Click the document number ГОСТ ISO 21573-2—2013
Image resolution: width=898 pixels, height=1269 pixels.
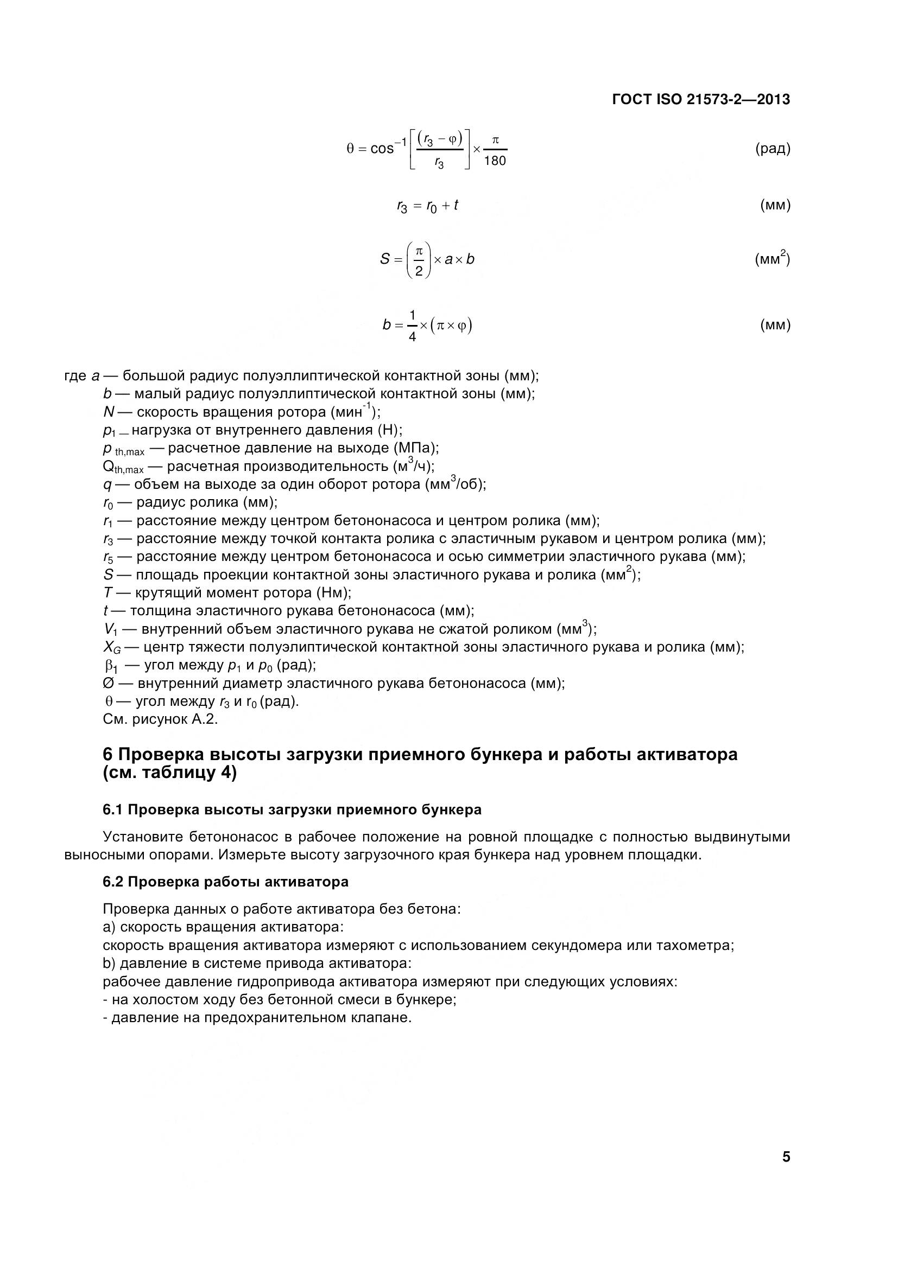(x=701, y=99)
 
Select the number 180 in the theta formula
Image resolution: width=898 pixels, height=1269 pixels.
(x=495, y=161)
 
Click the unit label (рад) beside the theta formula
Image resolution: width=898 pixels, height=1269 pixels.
(x=773, y=149)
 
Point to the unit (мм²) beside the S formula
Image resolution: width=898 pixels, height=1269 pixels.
(x=772, y=259)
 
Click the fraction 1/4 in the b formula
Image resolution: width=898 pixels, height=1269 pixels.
(x=412, y=326)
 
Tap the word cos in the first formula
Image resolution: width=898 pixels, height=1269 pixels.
(x=382, y=149)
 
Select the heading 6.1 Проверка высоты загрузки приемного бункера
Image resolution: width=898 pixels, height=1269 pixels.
(x=292, y=809)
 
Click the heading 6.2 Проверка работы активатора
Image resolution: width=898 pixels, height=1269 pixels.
(x=226, y=882)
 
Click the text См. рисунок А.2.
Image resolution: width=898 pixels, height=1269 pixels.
(x=160, y=719)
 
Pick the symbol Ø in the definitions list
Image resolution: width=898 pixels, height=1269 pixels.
(x=108, y=684)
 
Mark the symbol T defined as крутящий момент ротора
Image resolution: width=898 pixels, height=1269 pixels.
(x=107, y=593)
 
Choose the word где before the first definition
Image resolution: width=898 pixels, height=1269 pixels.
(x=75, y=377)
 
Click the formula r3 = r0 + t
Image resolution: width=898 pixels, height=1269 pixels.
(x=427, y=206)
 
